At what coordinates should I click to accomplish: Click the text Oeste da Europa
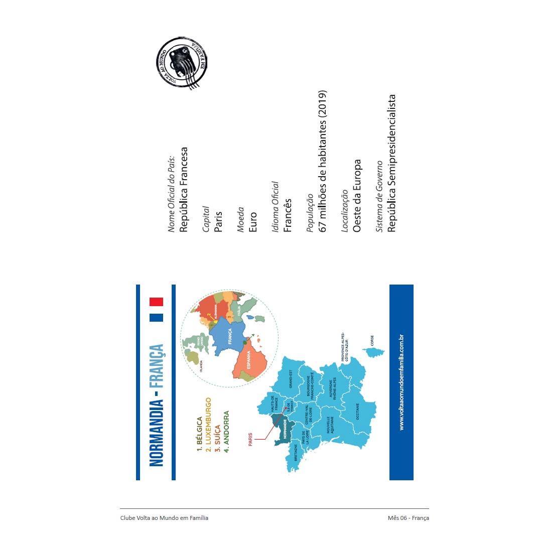[357, 196]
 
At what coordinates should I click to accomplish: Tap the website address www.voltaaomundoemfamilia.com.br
[402, 382]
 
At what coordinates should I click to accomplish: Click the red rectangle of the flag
[156, 302]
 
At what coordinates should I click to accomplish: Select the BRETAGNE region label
[296, 452]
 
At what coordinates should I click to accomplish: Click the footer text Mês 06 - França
[408, 517]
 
